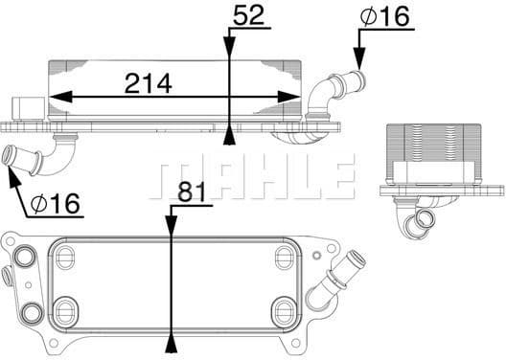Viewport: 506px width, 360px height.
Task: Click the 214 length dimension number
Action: (x=148, y=83)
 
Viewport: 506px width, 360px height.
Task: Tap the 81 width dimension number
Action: (x=193, y=192)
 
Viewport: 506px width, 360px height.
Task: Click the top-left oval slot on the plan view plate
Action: (x=66, y=257)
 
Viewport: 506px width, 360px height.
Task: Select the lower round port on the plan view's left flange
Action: (x=29, y=311)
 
